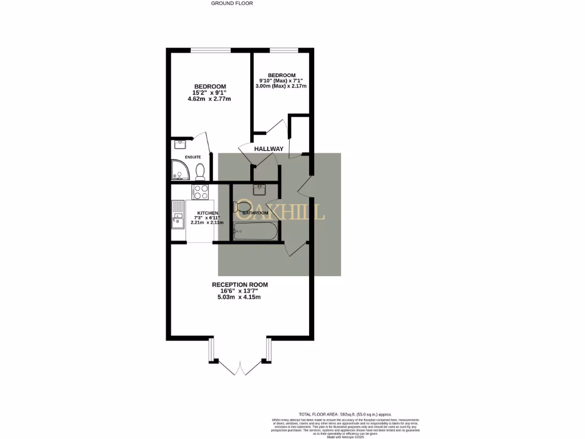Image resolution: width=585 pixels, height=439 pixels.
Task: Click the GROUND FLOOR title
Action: coord(232,3)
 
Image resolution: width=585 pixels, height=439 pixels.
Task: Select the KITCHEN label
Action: coord(207,213)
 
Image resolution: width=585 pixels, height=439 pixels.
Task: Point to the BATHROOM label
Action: coord(255,213)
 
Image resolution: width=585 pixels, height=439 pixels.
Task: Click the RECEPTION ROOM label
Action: coord(240,285)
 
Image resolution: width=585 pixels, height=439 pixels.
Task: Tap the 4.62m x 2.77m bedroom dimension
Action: coord(209,99)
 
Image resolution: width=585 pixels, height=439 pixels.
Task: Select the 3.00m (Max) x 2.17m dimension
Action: coord(282,86)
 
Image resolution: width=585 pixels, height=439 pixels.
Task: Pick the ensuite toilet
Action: coord(200,170)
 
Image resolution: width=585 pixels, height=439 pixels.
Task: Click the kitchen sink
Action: coord(177,215)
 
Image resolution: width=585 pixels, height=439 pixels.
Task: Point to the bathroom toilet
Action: coord(242,206)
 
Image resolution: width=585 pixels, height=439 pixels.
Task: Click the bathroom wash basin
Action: coord(259,189)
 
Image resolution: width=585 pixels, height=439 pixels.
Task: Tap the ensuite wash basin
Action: coord(181,145)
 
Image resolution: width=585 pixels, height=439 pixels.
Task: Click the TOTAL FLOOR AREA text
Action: coord(346,414)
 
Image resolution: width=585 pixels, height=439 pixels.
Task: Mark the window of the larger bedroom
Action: coord(206,50)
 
